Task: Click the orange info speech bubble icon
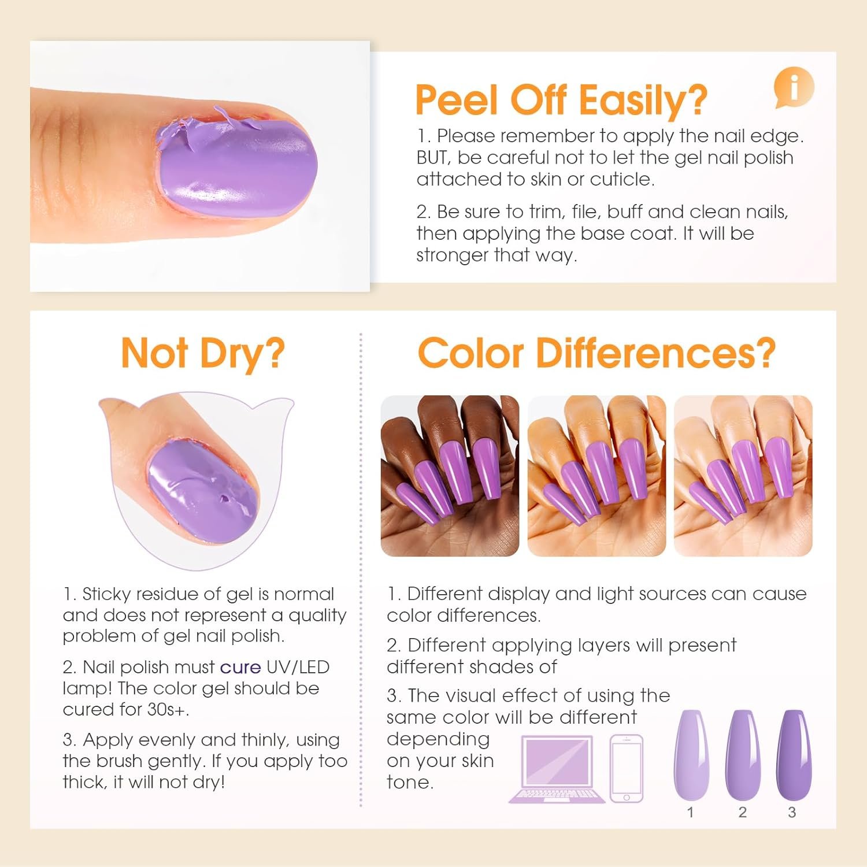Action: pos(794,88)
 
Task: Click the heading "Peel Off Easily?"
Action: pos(561,99)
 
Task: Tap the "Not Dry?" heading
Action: pos(203,353)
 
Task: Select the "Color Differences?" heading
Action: pos(596,352)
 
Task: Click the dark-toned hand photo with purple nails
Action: pos(450,476)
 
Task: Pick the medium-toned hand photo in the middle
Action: pos(596,476)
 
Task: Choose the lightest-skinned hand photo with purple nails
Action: pos(743,476)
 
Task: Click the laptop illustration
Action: pos(557,769)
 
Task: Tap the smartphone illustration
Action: pos(627,768)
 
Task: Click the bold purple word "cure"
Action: pos(240,668)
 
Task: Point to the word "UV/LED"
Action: pos(298,667)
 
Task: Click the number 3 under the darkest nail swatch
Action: pos(792,812)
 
